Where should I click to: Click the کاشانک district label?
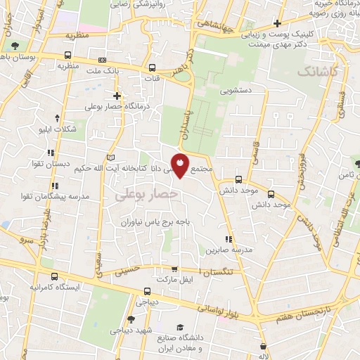pos(317,72)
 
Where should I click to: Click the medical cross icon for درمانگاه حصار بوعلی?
pos(117,96)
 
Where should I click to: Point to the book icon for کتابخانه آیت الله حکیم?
pos(109,156)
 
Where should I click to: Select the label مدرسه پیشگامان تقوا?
pos(55,196)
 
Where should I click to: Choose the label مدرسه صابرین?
pos(224,250)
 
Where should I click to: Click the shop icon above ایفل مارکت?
pos(174,269)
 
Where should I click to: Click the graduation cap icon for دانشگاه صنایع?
pos(181,327)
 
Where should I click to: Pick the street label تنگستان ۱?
pos(219,271)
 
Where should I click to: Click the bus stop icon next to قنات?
pos(152,68)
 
